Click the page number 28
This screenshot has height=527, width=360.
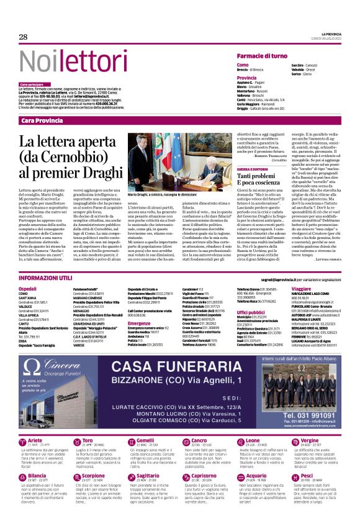coord(24,37)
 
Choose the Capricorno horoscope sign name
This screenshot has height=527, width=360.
coord(204,493)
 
